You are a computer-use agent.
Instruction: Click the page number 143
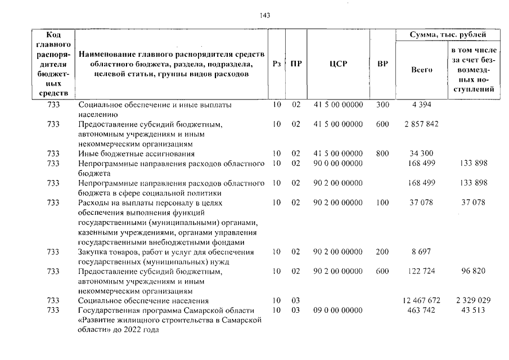[265, 15]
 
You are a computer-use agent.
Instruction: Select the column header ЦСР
[338, 64]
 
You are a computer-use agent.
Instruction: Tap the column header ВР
[382, 64]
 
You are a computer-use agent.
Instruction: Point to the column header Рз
[276, 64]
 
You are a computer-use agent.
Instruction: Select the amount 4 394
[421, 105]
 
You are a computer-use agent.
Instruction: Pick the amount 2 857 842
[421, 124]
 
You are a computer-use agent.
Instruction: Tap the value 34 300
[421, 154]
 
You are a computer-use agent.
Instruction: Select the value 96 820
[473, 271]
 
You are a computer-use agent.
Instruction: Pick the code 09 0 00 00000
[338, 310]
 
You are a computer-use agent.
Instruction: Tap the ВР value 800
[382, 154]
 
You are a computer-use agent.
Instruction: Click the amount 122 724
[421, 271]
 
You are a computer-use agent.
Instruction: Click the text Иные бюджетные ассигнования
[137, 154]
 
